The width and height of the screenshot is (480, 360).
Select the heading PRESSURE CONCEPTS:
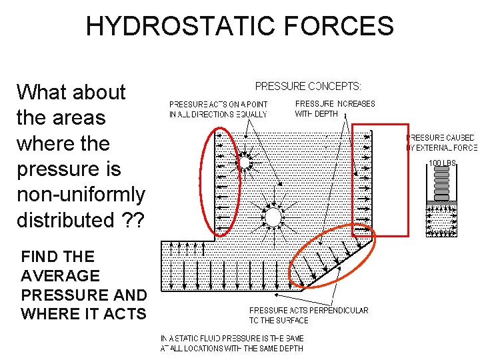coord(309,86)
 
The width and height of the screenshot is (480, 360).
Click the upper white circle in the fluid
coord(244,162)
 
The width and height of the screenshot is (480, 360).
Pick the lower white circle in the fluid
coord(273,216)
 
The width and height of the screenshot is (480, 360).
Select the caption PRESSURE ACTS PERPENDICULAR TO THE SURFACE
coord(309,315)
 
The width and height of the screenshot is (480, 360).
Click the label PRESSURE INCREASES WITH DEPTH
coord(335,109)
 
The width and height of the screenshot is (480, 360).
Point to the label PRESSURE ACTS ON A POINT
coord(218,109)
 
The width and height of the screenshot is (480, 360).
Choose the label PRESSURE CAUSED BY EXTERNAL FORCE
coord(442,143)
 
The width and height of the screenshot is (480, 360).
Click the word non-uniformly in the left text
coord(81,194)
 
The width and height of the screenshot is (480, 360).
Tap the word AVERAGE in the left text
coord(60,275)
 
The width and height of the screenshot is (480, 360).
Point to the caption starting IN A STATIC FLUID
coord(233,343)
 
